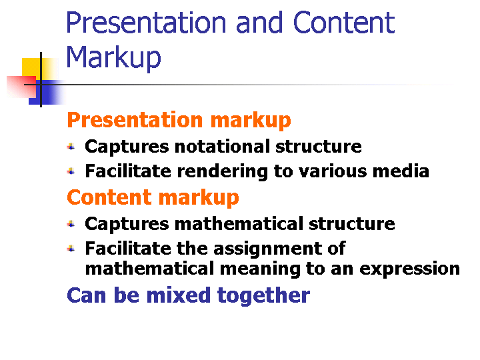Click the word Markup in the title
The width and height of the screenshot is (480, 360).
(x=113, y=58)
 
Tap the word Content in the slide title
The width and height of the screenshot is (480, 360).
(x=344, y=23)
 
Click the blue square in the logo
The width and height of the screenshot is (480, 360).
(x=46, y=93)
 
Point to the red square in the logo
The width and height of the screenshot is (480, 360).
(x=21, y=87)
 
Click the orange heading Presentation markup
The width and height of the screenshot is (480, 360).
(x=179, y=120)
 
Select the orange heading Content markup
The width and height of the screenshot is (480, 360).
(x=153, y=198)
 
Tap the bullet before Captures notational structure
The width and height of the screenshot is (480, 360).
(x=71, y=147)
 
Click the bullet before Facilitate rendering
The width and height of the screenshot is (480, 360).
(x=71, y=171)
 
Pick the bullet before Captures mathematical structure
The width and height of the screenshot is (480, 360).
(x=71, y=224)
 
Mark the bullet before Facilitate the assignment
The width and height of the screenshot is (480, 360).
(x=71, y=249)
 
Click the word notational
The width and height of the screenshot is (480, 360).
(x=222, y=146)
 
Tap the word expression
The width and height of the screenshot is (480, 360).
(x=409, y=269)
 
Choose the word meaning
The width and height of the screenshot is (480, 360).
(x=260, y=269)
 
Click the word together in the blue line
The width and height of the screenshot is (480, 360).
(x=263, y=296)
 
